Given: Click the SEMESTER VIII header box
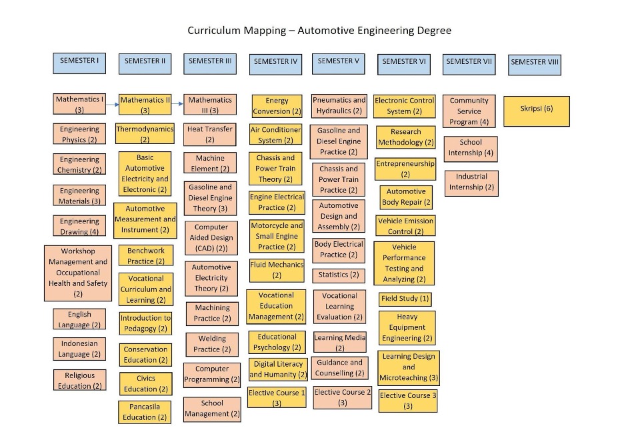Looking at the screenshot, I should pyautogui.click(x=535, y=64).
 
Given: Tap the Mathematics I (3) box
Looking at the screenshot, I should pyautogui.click(x=79, y=104).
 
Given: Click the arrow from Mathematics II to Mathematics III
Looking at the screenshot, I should pyautogui.click(x=178, y=103).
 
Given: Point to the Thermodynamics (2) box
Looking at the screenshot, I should pyautogui.click(x=145, y=134).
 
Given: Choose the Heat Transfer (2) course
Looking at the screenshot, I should pyautogui.click(x=210, y=134).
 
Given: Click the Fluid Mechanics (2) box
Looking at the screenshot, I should pyautogui.click(x=277, y=269).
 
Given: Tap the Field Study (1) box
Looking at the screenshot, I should pyautogui.click(x=405, y=298).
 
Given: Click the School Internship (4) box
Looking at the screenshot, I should pyautogui.click(x=470, y=147).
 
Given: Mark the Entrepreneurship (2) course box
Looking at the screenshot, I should pyautogui.click(x=405, y=169).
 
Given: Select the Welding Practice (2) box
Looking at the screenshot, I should pyautogui.click(x=211, y=344).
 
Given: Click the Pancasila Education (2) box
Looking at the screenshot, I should pyautogui.click(x=145, y=412).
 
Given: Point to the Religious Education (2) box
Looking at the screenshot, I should pyautogui.click(x=79, y=381).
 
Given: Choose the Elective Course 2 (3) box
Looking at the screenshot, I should pyautogui.click(x=342, y=397).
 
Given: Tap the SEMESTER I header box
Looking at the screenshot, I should pyautogui.click(x=79, y=63).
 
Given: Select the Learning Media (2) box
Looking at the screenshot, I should pyautogui.click(x=339, y=342).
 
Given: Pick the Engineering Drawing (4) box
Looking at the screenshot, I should pyautogui.click(x=79, y=226).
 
